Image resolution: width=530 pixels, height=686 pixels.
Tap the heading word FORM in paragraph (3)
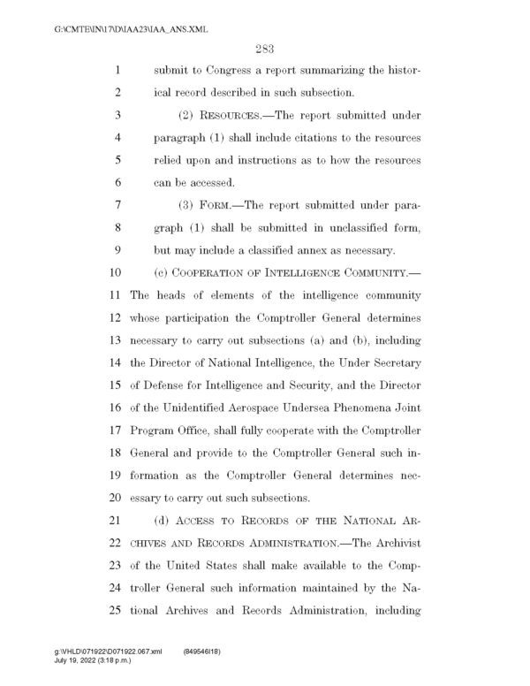208,205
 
